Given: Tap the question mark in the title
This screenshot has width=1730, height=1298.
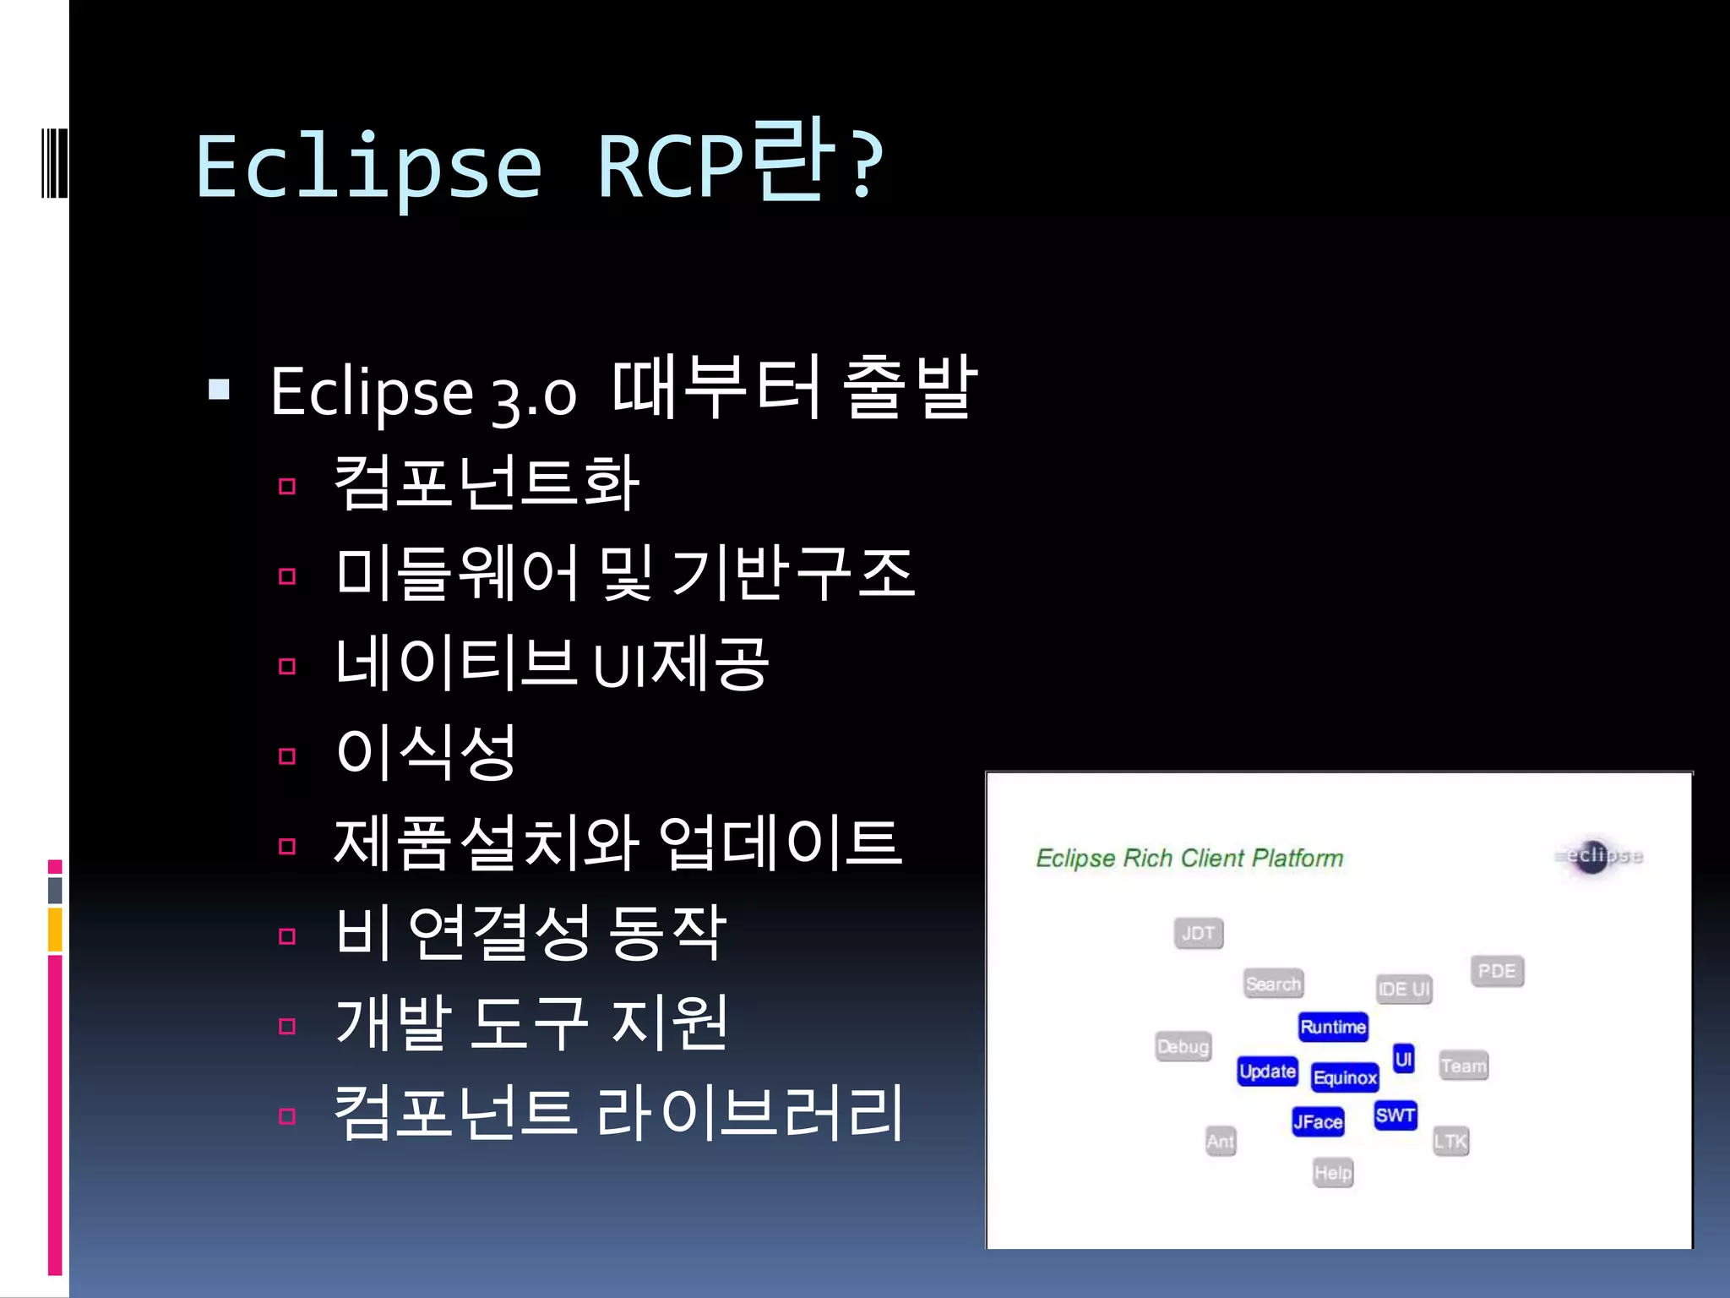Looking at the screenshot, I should point(865,165).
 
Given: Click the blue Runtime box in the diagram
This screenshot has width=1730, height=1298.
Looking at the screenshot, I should point(1332,1027).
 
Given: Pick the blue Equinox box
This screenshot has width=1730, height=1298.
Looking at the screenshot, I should point(1344,1077).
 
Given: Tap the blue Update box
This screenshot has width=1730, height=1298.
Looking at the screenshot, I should point(1267,1072).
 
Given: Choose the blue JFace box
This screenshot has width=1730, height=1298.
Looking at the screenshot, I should point(1317,1121).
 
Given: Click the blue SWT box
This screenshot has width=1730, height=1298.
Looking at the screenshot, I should point(1395,1115).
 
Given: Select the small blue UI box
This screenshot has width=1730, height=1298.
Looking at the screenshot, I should point(1403,1059).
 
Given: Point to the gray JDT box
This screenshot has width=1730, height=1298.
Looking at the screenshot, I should point(1198,934).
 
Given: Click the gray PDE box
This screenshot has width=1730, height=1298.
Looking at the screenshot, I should point(1497,971).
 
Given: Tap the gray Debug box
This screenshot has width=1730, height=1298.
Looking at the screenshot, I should point(1183,1047).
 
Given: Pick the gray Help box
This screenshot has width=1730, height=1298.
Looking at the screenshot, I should point(1332,1173).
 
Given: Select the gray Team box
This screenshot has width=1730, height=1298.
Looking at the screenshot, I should point(1463,1066).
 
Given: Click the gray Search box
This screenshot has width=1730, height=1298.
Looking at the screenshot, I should point(1273,984).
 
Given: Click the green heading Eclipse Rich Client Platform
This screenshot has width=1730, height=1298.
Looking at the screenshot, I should point(1189,859).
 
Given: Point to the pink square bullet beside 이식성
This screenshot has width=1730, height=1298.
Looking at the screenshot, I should point(287,756).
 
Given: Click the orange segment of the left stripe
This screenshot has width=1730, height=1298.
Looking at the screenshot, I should point(55,930).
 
